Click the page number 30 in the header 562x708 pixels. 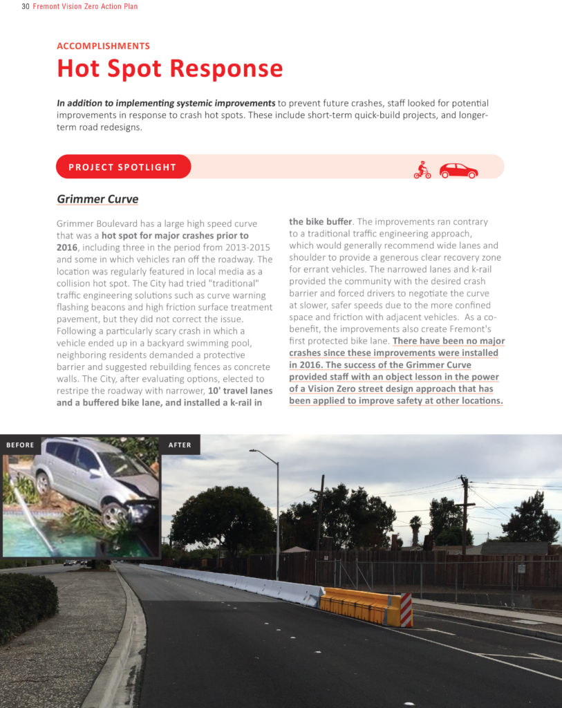[26, 7]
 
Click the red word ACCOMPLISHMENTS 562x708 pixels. [103, 46]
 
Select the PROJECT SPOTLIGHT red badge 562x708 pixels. [123, 167]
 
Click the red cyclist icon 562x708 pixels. [422, 169]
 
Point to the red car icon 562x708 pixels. [458, 170]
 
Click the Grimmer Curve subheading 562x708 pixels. [97, 200]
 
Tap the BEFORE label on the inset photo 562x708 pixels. [20, 445]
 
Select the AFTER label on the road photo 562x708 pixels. [180, 445]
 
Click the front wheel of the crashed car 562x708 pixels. [113, 515]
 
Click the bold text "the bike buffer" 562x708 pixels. [321, 222]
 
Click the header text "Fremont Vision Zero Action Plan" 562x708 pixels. [85, 7]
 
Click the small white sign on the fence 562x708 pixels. [521, 568]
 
